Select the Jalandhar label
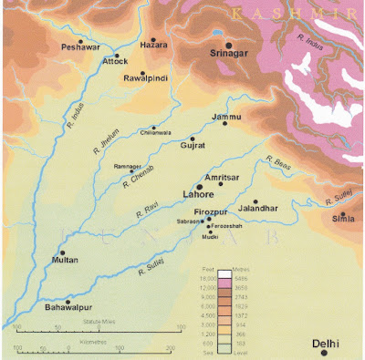258,209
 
